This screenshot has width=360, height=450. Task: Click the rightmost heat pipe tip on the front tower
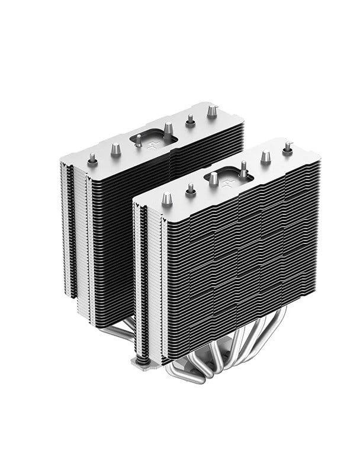click(288, 147)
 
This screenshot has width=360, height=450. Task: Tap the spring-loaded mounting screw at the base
click(142, 358)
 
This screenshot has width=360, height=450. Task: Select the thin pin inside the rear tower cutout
click(139, 140)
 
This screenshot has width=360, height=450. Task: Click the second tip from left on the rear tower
click(115, 149)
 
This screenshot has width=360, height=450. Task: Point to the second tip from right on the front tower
click(266, 157)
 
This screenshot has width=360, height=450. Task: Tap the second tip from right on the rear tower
click(191, 120)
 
